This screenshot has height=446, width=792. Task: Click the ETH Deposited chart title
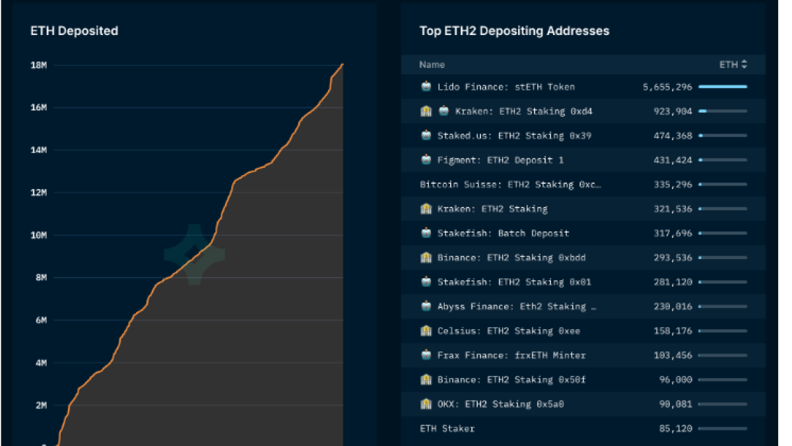pos(75,30)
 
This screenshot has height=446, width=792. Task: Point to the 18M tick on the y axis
pos(38,65)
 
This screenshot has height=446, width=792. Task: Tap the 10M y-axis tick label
pos(38,235)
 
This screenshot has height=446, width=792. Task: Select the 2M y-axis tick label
pos(40,405)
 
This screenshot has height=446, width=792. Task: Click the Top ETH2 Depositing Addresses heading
pos(514,30)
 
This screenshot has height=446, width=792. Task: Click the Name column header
pos(432,65)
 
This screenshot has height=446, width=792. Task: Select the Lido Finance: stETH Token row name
pos(506,87)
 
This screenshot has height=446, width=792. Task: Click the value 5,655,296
pos(667,87)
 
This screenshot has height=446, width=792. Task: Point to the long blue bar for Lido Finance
pos(723,87)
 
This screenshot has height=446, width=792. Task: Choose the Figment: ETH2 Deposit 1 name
pos(500,160)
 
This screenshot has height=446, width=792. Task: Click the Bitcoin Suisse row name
pos(510,184)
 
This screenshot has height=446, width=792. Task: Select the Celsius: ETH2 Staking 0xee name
pos(508,330)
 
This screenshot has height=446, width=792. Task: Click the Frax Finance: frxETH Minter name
pos(511,355)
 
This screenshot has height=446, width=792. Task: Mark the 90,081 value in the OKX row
pos(676,404)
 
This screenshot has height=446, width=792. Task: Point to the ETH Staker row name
pos(447,428)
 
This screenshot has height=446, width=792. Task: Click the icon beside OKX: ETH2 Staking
pos(426,404)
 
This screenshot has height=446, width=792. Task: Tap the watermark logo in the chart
pos(194,254)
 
